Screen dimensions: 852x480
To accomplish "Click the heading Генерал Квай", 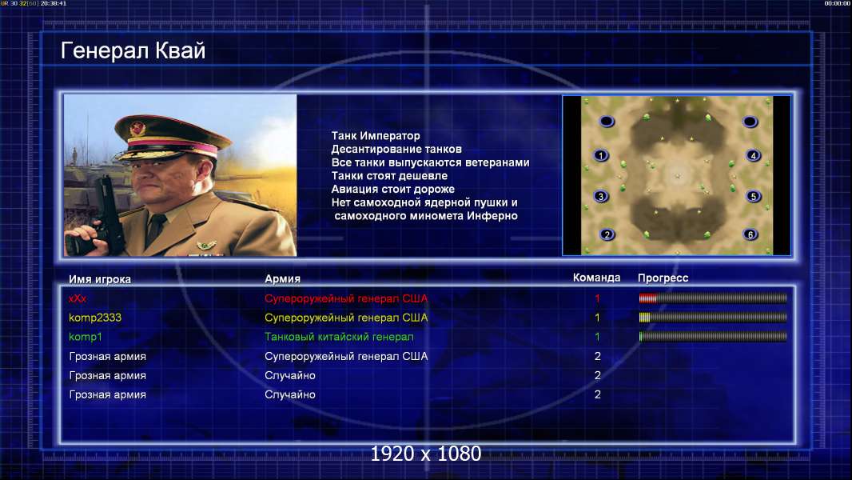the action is (133, 51).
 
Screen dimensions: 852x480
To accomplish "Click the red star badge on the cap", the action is (137, 129).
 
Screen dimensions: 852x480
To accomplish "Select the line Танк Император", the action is (376, 136).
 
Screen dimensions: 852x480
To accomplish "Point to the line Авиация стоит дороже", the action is (393, 189).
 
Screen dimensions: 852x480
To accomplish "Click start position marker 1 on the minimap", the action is (600, 155).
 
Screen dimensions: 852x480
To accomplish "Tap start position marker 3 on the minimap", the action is (600, 196).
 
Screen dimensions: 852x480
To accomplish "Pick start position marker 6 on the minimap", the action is (750, 235).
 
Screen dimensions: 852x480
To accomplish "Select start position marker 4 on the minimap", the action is (753, 155).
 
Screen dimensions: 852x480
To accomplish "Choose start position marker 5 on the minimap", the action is (753, 196).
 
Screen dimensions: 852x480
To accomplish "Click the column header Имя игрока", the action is (100, 279).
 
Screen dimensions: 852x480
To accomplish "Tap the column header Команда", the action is (596, 278).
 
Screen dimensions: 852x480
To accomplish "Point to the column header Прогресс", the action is (663, 278).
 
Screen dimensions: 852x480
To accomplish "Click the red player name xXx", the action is (78, 298).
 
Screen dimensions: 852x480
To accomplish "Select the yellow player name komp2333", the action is (95, 318).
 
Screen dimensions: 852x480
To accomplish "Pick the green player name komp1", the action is (86, 337).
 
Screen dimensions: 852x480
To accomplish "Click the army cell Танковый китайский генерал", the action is (339, 337).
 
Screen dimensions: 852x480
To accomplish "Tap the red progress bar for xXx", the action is (713, 298).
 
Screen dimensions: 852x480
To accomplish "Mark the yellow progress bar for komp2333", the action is (713, 318).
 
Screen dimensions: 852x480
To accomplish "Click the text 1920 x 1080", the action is (426, 454).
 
